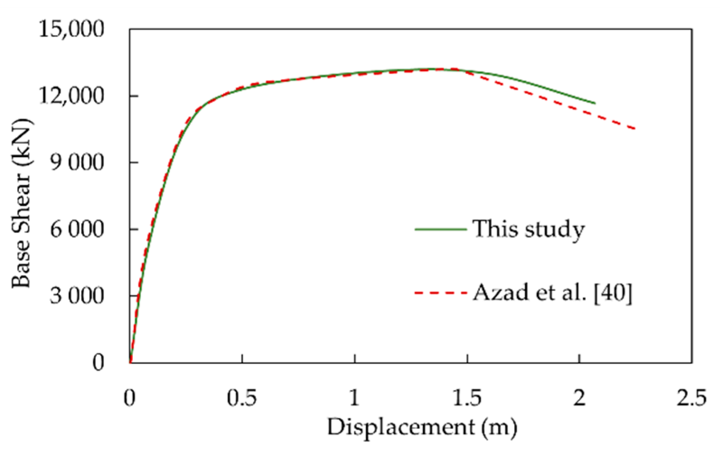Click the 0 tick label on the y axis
[98, 362]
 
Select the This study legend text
[528, 229]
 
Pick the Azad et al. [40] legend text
[552, 294]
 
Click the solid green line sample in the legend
[440, 229]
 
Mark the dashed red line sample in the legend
[440, 294]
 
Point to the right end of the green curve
[595, 103]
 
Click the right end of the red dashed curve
[635, 129]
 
